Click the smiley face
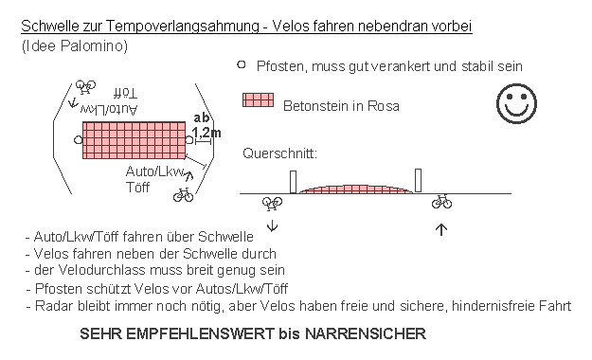[x=516, y=103]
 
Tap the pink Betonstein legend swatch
[x=259, y=100]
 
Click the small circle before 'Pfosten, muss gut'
[x=242, y=65]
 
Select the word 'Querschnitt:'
[x=279, y=153]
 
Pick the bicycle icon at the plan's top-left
[x=86, y=87]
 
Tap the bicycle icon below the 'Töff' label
[x=183, y=195]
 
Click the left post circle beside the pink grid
[x=78, y=140]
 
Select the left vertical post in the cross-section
[x=293, y=181]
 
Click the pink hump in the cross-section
[x=356, y=189]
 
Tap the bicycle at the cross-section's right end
[x=442, y=201]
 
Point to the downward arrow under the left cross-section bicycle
[x=273, y=225]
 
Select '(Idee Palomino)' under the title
[x=74, y=45]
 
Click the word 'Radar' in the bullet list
[x=50, y=305]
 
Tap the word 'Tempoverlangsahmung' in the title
[x=181, y=26]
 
